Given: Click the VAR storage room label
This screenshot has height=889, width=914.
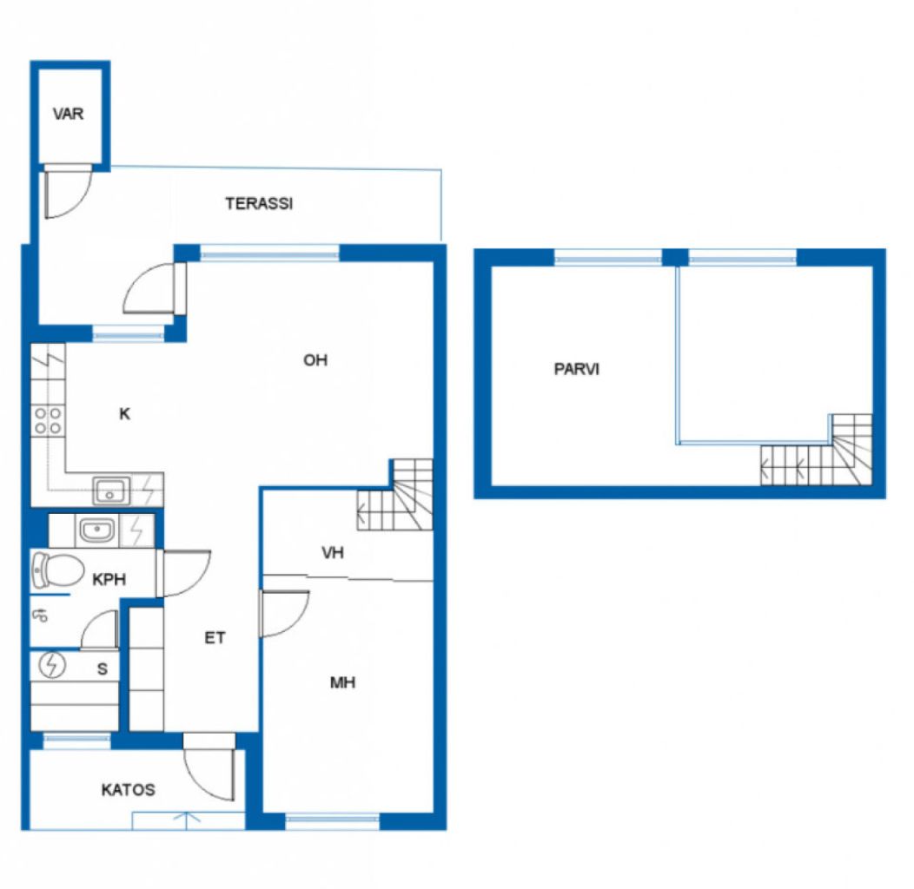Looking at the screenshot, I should (x=68, y=115).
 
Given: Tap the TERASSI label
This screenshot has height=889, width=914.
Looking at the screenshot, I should (x=258, y=204).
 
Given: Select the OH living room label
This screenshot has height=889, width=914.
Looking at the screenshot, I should (x=315, y=360).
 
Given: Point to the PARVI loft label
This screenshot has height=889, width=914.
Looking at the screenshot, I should (x=576, y=369).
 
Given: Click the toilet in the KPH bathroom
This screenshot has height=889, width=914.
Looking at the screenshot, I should (x=55, y=570).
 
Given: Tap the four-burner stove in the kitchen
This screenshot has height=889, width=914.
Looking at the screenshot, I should (x=48, y=421).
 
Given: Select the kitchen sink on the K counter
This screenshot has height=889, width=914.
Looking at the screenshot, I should (x=111, y=491).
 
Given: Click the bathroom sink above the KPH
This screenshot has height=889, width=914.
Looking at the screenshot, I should (x=95, y=529).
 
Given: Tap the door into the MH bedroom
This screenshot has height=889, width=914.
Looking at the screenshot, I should (x=284, y=614).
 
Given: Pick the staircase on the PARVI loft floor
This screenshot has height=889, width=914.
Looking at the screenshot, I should (x=817, y=451).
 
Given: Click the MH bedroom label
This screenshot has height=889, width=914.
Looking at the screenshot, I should (x=342, y=682).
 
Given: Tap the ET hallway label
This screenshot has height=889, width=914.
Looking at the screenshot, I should (x=215, y=638).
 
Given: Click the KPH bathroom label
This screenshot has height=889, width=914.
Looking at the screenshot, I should (x=109, y=580).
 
